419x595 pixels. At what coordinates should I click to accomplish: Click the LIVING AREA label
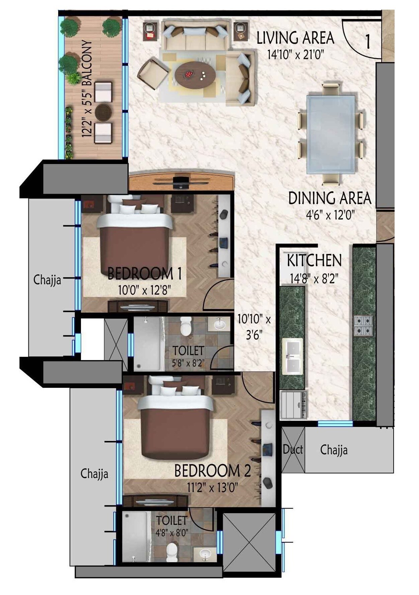coord(295,38)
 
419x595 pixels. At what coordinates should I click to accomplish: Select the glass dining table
coord(331,134)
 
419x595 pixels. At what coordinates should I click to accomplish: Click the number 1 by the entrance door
coord(368,42)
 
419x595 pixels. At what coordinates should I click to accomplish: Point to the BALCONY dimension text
coord(87,90)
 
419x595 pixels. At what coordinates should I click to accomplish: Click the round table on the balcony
coord(103,112)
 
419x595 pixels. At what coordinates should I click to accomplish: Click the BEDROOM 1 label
coord(144,274)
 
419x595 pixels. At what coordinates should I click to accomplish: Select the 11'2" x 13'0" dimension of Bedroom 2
coord(212,488)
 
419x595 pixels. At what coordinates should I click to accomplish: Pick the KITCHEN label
coord(314,261)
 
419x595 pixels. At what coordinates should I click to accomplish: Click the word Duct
coord(293,449)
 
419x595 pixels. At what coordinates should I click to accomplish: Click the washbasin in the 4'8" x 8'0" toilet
coord(204,554)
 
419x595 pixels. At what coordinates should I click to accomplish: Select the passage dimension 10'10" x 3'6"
coord(254,327)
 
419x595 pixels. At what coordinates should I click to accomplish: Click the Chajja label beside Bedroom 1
coord(47,280)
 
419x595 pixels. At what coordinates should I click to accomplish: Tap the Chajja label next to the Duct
coord(334,450)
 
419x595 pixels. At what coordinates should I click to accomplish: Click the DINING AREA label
coord(330,198)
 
